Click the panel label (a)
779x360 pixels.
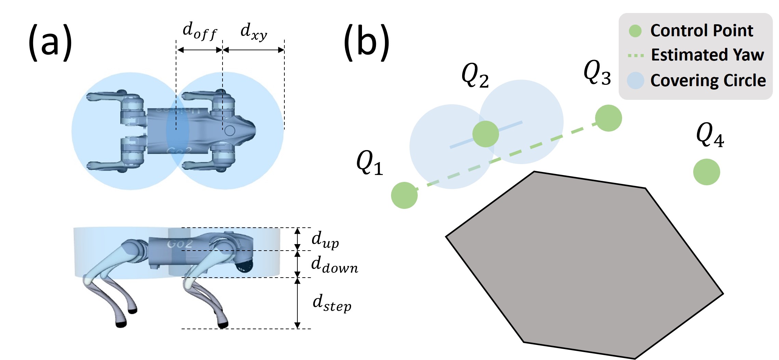(x=50, y=42)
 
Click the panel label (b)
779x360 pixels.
(x=366, y=42)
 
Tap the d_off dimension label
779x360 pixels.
(x=200, y=31)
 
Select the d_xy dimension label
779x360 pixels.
(x=254, y=32)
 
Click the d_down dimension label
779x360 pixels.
(x=335, y=265)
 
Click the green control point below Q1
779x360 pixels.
(x=404, y=195)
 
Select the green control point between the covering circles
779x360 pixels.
(x=486, y=134)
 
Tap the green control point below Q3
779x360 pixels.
(x=608, y=118)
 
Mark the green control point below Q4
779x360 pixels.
(x=707, y=172)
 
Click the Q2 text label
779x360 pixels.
(x=475, y=76)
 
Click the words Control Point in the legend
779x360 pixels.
(x=702, y=31)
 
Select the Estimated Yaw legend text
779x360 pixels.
(x=708, y=55)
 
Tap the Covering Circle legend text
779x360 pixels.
(x=708, y=81)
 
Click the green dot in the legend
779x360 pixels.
(x=635, y=31)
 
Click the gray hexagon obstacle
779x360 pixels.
(x=585, y=265)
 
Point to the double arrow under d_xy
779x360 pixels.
(x=254, y=50)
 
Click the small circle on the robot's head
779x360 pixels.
(x=230, y=130)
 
